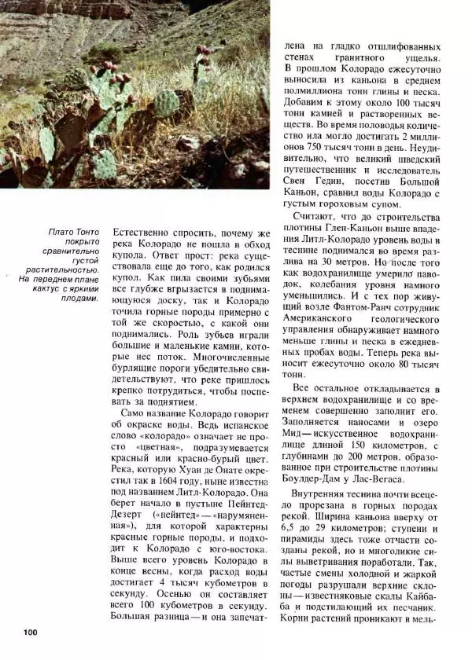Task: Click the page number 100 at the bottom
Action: [31, 632]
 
